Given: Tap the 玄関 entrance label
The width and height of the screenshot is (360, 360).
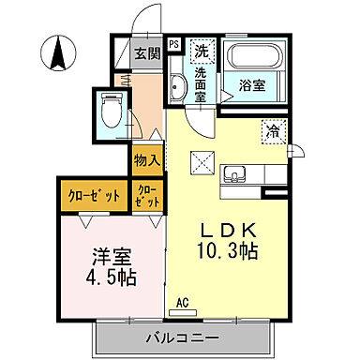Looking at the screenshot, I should click(x=145, y=53).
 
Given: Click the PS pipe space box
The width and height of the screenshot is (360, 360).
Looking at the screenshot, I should click(x=173, y=43).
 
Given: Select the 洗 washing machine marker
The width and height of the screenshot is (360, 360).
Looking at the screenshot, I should click(x=202, y=51).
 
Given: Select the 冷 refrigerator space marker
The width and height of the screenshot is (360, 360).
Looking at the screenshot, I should click(x=272, y=132).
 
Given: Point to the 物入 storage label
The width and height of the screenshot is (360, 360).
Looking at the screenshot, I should click(x=146, y=161).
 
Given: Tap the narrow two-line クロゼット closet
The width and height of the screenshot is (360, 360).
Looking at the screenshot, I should click(x=148, y=198).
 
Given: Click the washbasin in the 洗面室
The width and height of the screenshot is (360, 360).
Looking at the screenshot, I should click(x=178, y=90).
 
